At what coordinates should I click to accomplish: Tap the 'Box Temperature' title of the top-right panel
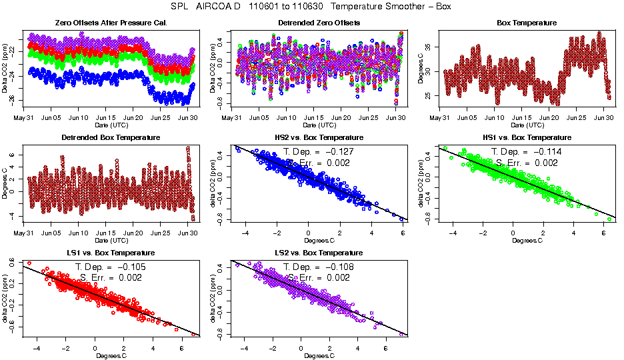[x=527, y=23]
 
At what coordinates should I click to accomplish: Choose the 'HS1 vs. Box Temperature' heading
[x=527, y=137]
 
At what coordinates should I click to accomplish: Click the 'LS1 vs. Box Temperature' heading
[x=111, y=253]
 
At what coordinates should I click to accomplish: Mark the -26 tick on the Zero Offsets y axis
[x=13, y=100]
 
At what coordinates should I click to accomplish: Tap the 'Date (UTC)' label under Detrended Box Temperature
[x=111, y=240]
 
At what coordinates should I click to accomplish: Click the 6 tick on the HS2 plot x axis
[x=403, y=233]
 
